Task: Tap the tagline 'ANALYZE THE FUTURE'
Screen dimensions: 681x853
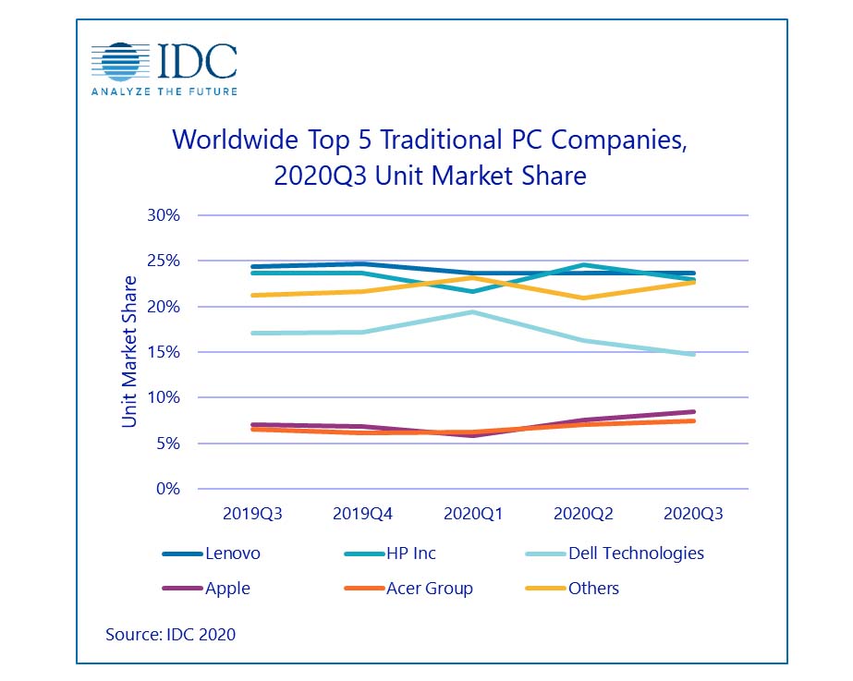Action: click(163, 91)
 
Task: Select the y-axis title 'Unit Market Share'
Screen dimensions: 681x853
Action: click(129, 352)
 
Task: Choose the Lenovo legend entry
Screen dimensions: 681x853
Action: click(211, 553)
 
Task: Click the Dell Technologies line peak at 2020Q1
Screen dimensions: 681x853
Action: click(472, 312)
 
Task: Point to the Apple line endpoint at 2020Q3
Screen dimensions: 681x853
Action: click(693, 412)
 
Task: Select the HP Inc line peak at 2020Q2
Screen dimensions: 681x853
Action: click(583, 265)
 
